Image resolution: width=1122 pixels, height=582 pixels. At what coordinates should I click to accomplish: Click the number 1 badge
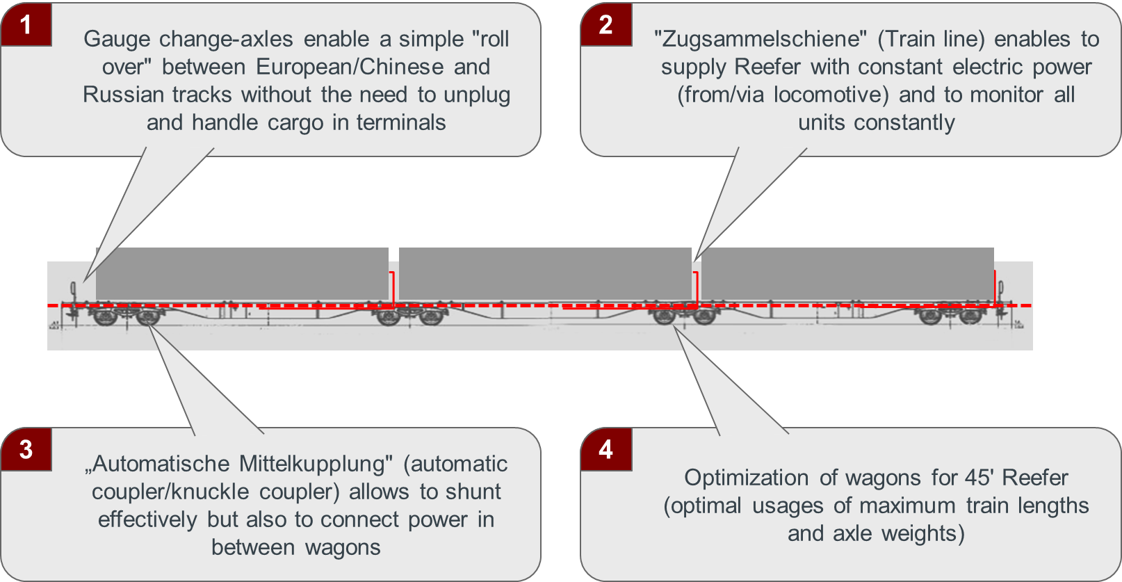[26, 25]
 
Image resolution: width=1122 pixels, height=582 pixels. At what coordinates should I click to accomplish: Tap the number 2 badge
[605, 25]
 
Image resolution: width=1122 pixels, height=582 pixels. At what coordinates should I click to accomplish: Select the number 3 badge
[26, 449]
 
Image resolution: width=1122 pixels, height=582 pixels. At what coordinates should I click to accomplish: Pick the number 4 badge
[605, 449]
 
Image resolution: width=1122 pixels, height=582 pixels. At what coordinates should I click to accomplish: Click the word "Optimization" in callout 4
[747, 478]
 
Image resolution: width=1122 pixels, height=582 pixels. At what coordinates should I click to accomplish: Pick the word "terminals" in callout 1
[401, 122]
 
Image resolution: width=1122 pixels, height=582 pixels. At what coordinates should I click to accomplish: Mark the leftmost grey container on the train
[242, 274]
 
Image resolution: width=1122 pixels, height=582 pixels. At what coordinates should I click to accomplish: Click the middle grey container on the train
[545, 274]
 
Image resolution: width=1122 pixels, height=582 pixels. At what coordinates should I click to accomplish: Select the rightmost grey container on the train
[847, 274]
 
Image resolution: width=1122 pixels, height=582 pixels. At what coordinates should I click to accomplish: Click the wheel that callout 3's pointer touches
[148, 318]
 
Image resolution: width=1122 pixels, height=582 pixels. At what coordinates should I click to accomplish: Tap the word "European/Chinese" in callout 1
[350, 67]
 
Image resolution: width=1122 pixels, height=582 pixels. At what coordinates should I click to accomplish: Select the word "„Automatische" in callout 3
[157, 464]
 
